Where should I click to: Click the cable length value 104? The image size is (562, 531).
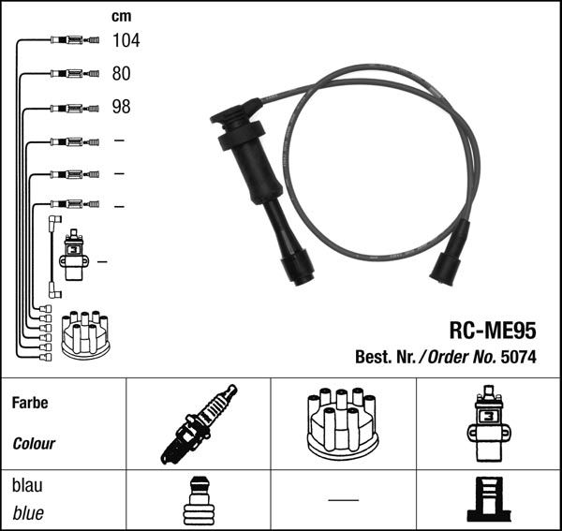point(126,40)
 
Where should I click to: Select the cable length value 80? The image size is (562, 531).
point(121,73)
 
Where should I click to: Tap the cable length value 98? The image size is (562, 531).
point(121,107)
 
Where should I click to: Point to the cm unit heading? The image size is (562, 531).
point(122,16)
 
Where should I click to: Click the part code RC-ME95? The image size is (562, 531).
point(493,330)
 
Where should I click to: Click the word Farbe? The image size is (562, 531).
point(30,403)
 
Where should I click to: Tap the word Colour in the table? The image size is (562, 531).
point(34,444)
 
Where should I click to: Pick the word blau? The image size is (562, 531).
point(27,485)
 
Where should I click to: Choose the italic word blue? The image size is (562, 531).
point(28,513)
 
